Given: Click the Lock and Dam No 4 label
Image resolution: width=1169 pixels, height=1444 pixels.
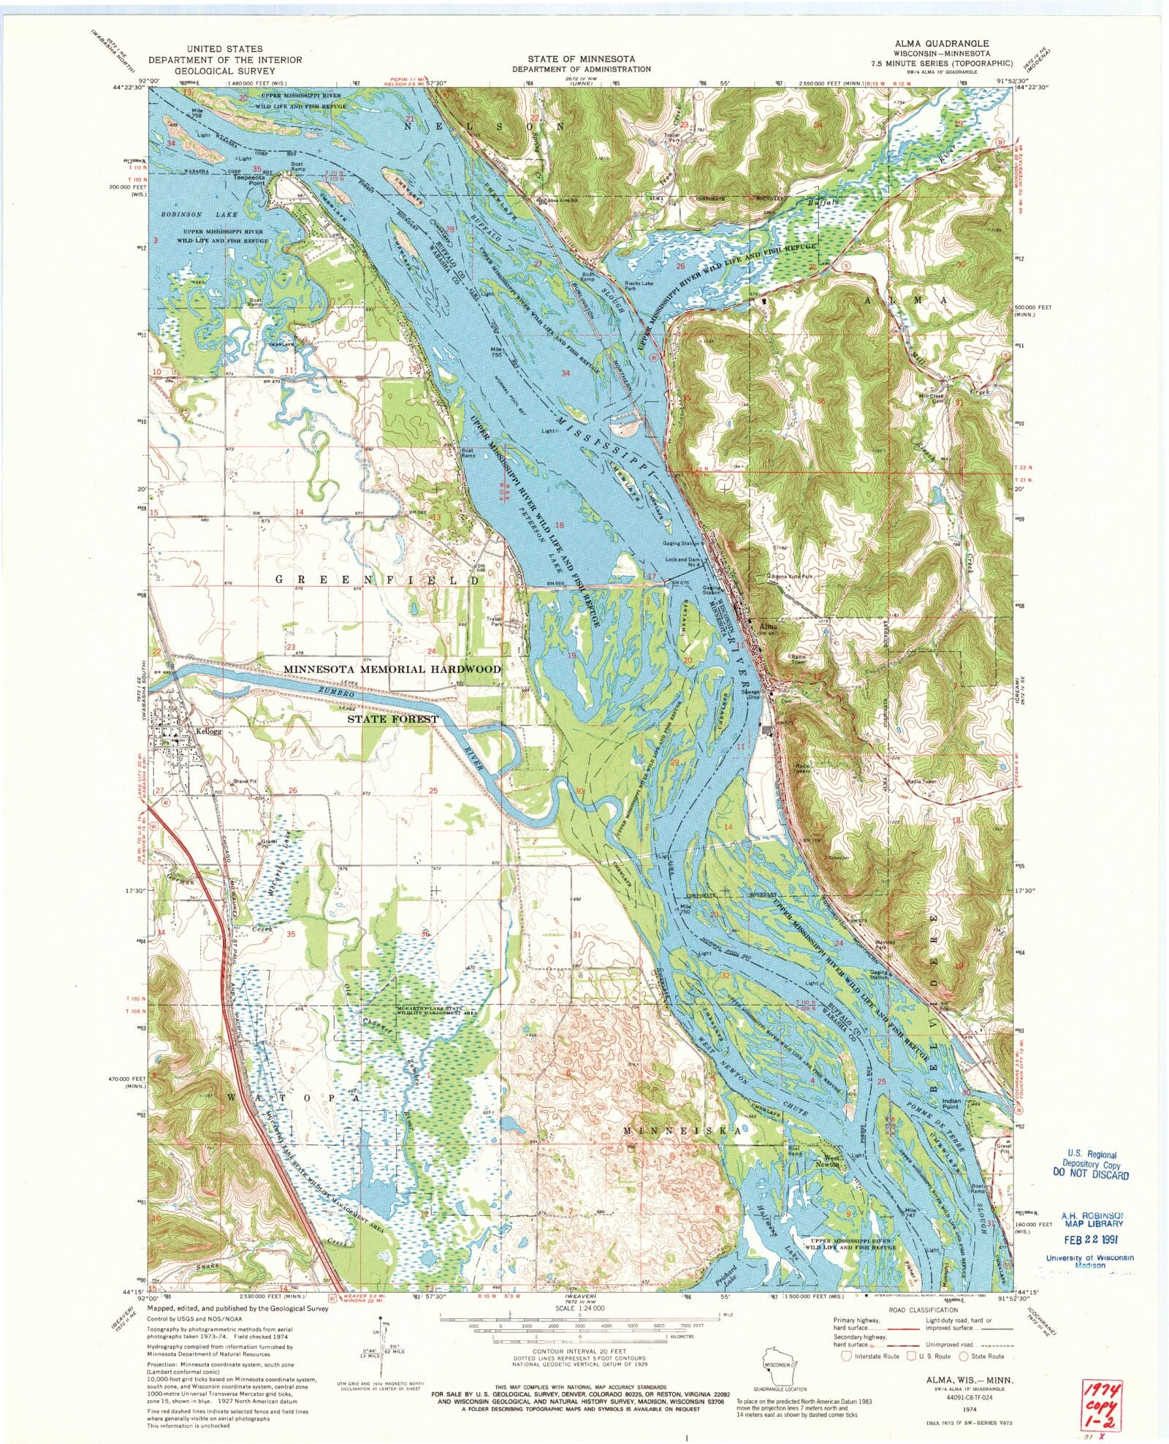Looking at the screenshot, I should pyautogui.click(x=685, y=560).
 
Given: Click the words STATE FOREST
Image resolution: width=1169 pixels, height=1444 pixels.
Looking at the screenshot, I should pyautogui.click(x=392, y=719).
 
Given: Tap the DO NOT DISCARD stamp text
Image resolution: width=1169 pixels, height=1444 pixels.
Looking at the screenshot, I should pyautogui.click(x=1090, y=1175).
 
